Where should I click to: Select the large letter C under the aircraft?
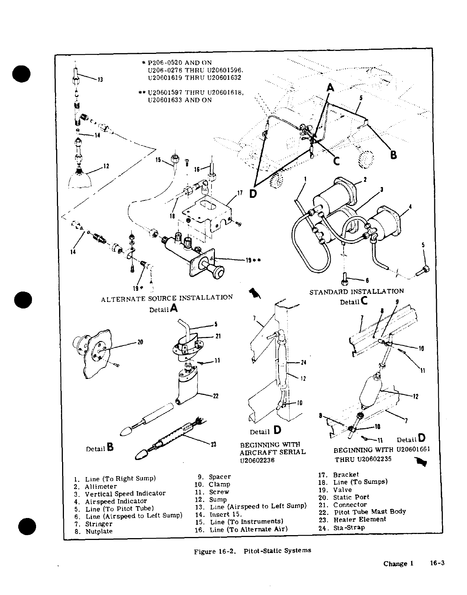click(x=336, y=161)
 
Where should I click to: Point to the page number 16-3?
click(x=437, y=563)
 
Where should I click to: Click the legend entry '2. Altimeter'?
click(x=96, y=486)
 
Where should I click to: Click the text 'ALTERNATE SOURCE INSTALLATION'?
click(x=167, y=298)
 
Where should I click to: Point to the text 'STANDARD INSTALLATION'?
click(x=357, y=292)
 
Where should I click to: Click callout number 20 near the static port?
click(x=140, y=342)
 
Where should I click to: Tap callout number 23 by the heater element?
click(x=213, y=445)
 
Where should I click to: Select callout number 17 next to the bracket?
click(x=240, y=193)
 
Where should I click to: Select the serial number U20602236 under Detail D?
click(x=259, y=460)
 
